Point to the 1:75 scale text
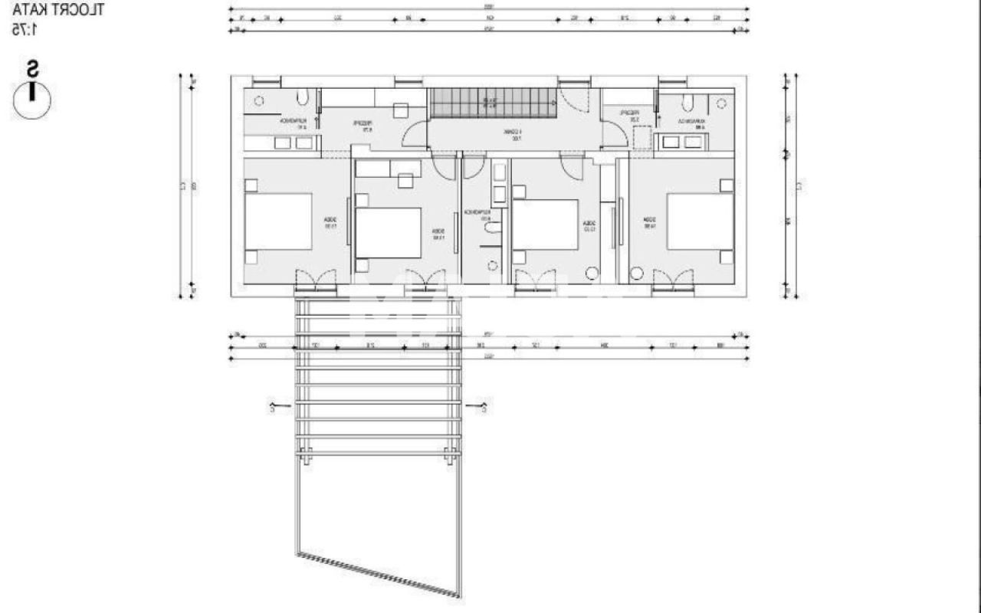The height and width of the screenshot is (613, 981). click(x=25, y=29)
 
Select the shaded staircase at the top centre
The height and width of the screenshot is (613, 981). click(x=492, y=103)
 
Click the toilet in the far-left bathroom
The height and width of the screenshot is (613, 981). click(x=303, y=97)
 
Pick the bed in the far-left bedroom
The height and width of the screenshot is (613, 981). click(x=278, y=221)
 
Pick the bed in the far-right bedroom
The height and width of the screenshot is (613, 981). click(x=700, y=221)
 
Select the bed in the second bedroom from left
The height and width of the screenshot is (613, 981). click(x=388, y=233)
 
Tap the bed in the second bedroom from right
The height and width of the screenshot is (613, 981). click(x=545, y=225)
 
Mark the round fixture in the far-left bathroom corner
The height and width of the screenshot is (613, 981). click(x=259, y=100)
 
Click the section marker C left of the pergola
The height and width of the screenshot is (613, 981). click(x=272, y=408)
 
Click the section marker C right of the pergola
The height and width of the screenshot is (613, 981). click(x=486, y=408)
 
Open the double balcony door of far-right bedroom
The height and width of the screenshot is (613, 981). click(x=674, y=280)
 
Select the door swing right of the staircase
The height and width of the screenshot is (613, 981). click(x=573, y=95)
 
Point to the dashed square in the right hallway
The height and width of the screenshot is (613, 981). click(x=641, y=139)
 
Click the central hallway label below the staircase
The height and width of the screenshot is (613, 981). click(x=512, y=135)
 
